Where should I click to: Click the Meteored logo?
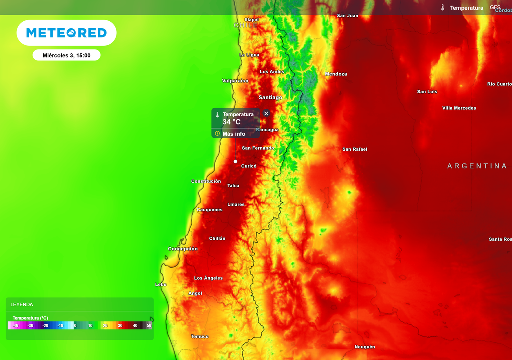click(66, 33)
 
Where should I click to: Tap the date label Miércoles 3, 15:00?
click(66, 55)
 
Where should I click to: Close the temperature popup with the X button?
click(266, 113)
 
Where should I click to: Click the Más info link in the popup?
click(234, 134)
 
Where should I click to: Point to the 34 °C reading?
click(231, 122)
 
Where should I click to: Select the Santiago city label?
click(270, 97)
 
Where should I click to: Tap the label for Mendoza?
click(336, 74)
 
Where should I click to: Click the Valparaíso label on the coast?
click(235, 81)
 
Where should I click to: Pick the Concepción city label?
click(183, 249)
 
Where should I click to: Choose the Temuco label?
click(200, 337)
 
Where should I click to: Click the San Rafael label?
click(355, 149)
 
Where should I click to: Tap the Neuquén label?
click(365, 347)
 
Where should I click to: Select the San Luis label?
click(427, 92)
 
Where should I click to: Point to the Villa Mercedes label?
click(459, 108)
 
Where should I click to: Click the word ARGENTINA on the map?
click(477, 166)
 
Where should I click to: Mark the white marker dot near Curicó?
click(235, 162)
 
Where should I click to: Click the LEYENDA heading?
click(22, 304)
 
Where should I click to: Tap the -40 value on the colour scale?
click(15, 326)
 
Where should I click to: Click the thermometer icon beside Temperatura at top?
click(443, 8)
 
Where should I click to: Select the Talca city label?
click(233, 186)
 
